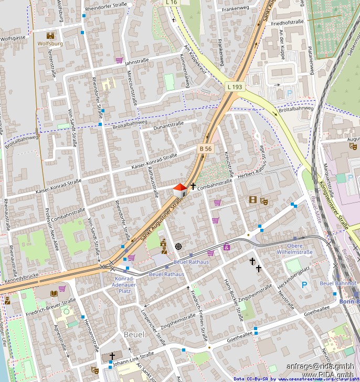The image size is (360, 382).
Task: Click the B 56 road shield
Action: [x=206, y=149]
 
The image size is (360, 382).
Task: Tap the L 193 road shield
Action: [x=236, y=86]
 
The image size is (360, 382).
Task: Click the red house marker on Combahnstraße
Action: [x=179, y=190]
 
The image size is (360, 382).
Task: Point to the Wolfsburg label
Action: [x=50, y=44]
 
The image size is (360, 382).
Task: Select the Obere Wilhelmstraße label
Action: [x=295, y=249]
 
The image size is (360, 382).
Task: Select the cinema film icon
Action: [x=253, y=200]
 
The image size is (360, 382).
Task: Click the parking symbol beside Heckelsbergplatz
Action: [x=304, y=285]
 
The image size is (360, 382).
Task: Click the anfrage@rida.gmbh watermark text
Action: [x=320, y=366]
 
